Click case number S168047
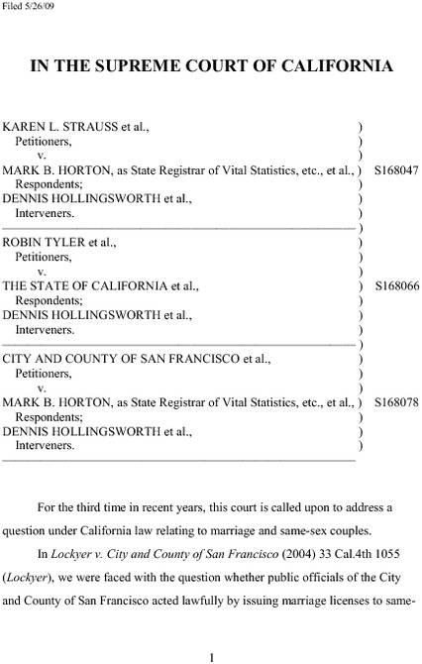pos(397,170)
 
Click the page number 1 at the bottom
pos(211,655)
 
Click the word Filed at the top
pos(13,6)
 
